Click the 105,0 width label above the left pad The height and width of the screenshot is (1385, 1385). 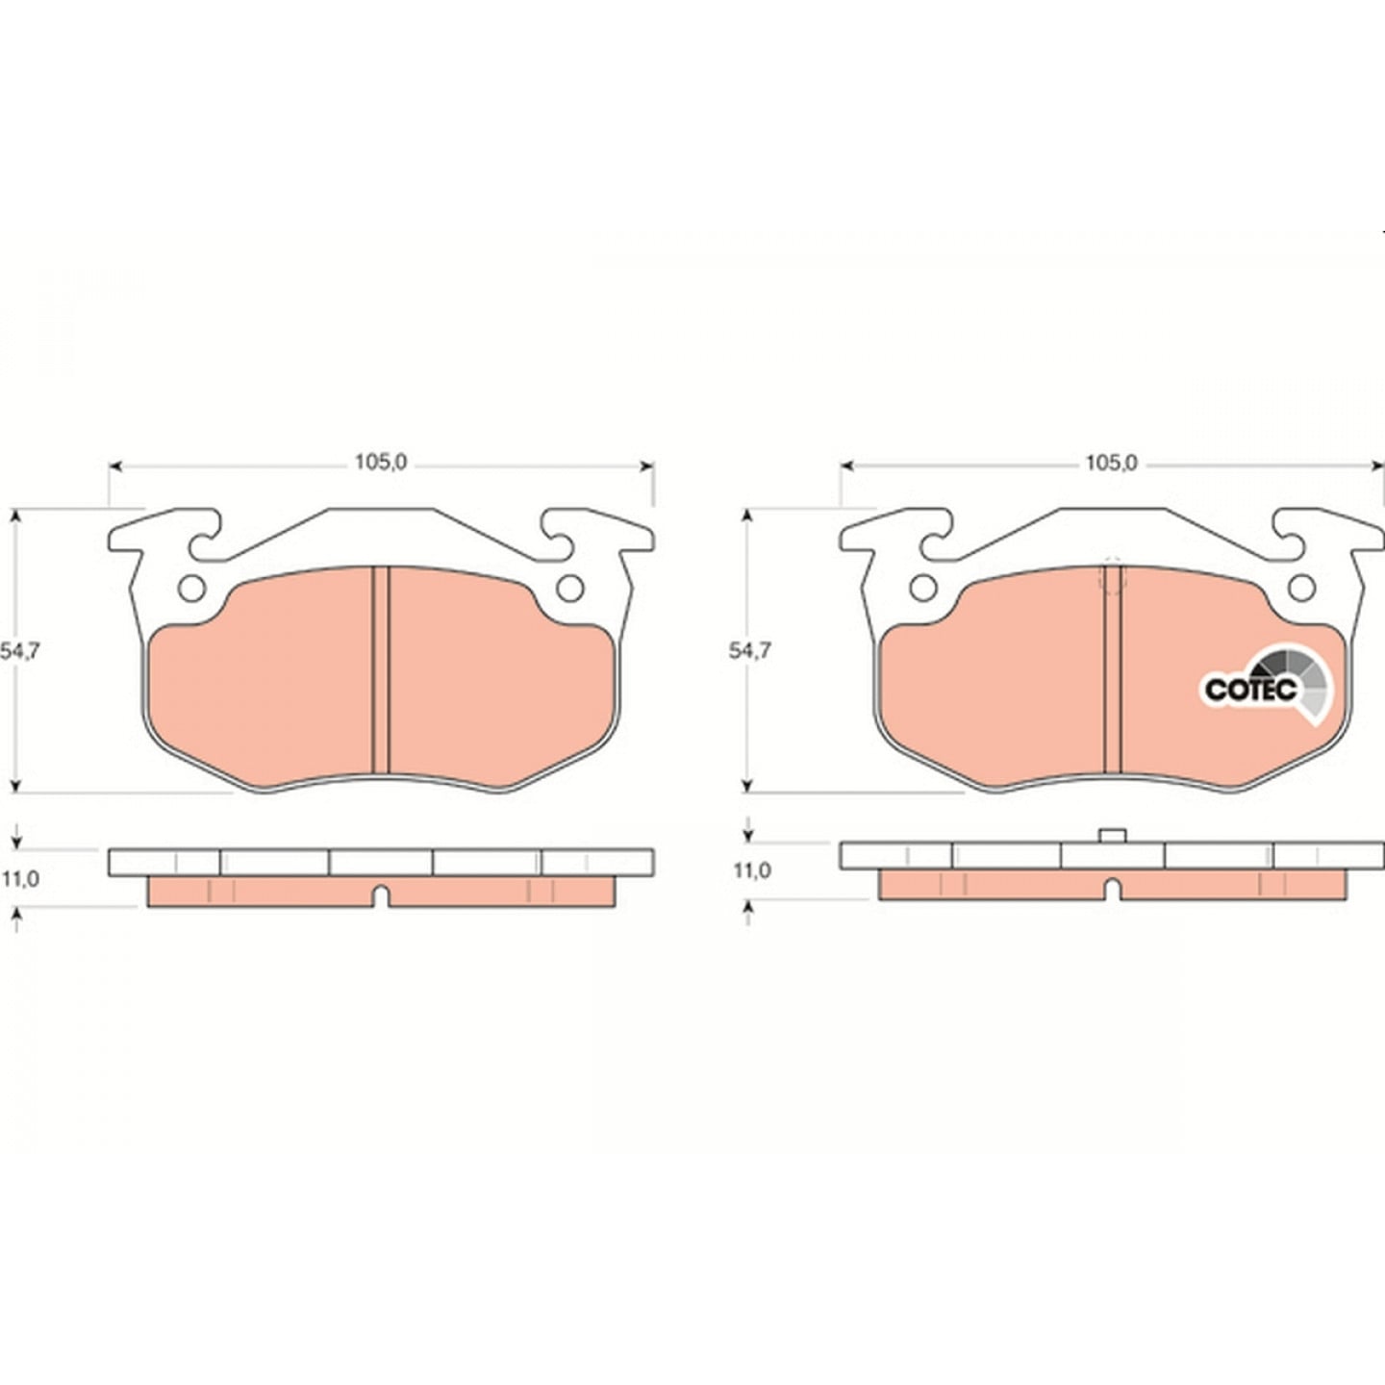coord(381,463)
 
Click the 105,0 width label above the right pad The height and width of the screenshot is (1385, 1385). coord(1111,463)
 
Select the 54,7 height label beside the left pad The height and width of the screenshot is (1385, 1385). coord(20,651)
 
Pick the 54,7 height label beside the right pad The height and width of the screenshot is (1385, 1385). coord(749,651)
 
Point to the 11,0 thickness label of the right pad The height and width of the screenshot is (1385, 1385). coord(752,870)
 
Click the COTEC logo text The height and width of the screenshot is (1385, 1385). coord(1250,690)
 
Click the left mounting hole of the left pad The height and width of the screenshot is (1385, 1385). coord(192,589)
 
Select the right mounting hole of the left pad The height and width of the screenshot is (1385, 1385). coord(570,589)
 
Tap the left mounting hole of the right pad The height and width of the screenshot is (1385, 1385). coord(923,589)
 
